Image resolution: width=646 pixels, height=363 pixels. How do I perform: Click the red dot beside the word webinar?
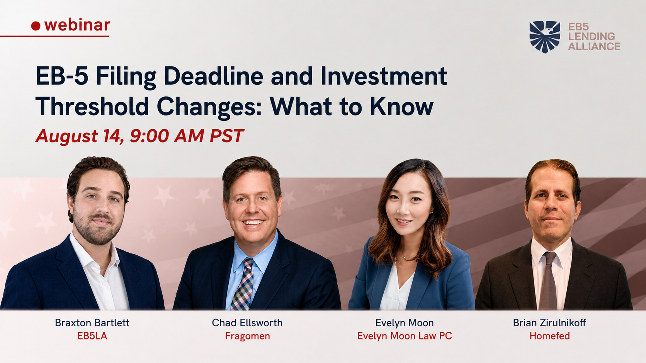coord(36,26)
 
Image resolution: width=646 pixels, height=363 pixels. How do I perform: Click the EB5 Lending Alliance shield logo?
coord(545,37)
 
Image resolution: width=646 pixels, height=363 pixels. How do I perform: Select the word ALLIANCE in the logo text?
coord(594,46)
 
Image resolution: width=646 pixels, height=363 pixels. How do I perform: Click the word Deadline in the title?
coord(213,76)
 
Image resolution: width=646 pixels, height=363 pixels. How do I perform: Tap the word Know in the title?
coord(402,106)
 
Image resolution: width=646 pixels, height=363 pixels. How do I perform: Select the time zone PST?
coord(227,136)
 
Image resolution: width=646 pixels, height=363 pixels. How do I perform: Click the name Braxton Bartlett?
coord(92,323)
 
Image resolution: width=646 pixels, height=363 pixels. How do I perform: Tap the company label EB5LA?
coord(92,336)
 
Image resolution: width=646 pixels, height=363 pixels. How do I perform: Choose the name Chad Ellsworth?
coord(247,323)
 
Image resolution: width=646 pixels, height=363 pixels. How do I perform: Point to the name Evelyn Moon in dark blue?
coord(405,323)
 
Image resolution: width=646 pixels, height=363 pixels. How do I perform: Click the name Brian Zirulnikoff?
coord(549,323)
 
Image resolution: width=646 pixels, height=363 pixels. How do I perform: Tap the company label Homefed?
coord(550,336)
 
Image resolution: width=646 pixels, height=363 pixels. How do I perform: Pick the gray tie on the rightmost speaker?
coord(548,282)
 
